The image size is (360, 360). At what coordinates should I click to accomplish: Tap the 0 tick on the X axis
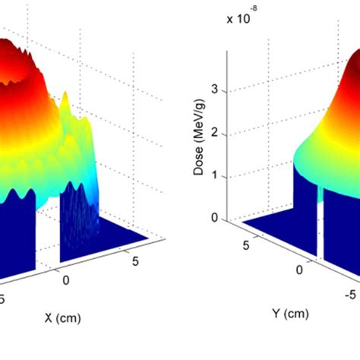tap(66, 280)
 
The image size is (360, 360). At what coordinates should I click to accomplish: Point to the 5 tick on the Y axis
tap(248, 245)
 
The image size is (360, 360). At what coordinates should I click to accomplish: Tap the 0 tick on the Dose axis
tap(215, 218)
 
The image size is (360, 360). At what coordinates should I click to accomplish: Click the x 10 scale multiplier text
tap(241, 19)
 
